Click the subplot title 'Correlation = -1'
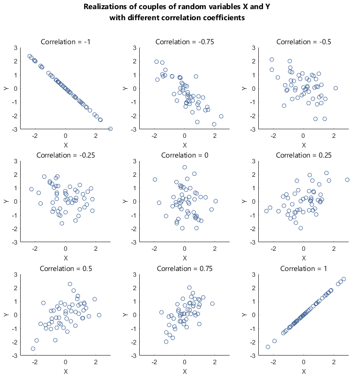click(x=66, y=41)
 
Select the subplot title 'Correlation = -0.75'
click(x=185, y=41)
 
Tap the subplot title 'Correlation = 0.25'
click(x=303, y=155)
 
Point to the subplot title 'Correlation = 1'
click(x=303, y=268)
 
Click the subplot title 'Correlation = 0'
click(x=185, y=155)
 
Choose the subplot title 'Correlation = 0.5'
click(x=66, y=268)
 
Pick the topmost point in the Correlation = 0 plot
click(x=184, y=167)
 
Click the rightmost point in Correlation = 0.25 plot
click(x=347, y=180)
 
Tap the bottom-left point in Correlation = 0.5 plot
click(x=33, y=349)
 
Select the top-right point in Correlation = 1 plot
click(x=343, y=279)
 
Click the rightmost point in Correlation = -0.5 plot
click(x=336, y=88)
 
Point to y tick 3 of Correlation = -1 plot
click(x=16, y=48)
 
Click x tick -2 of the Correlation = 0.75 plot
click(x=155, y=362)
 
